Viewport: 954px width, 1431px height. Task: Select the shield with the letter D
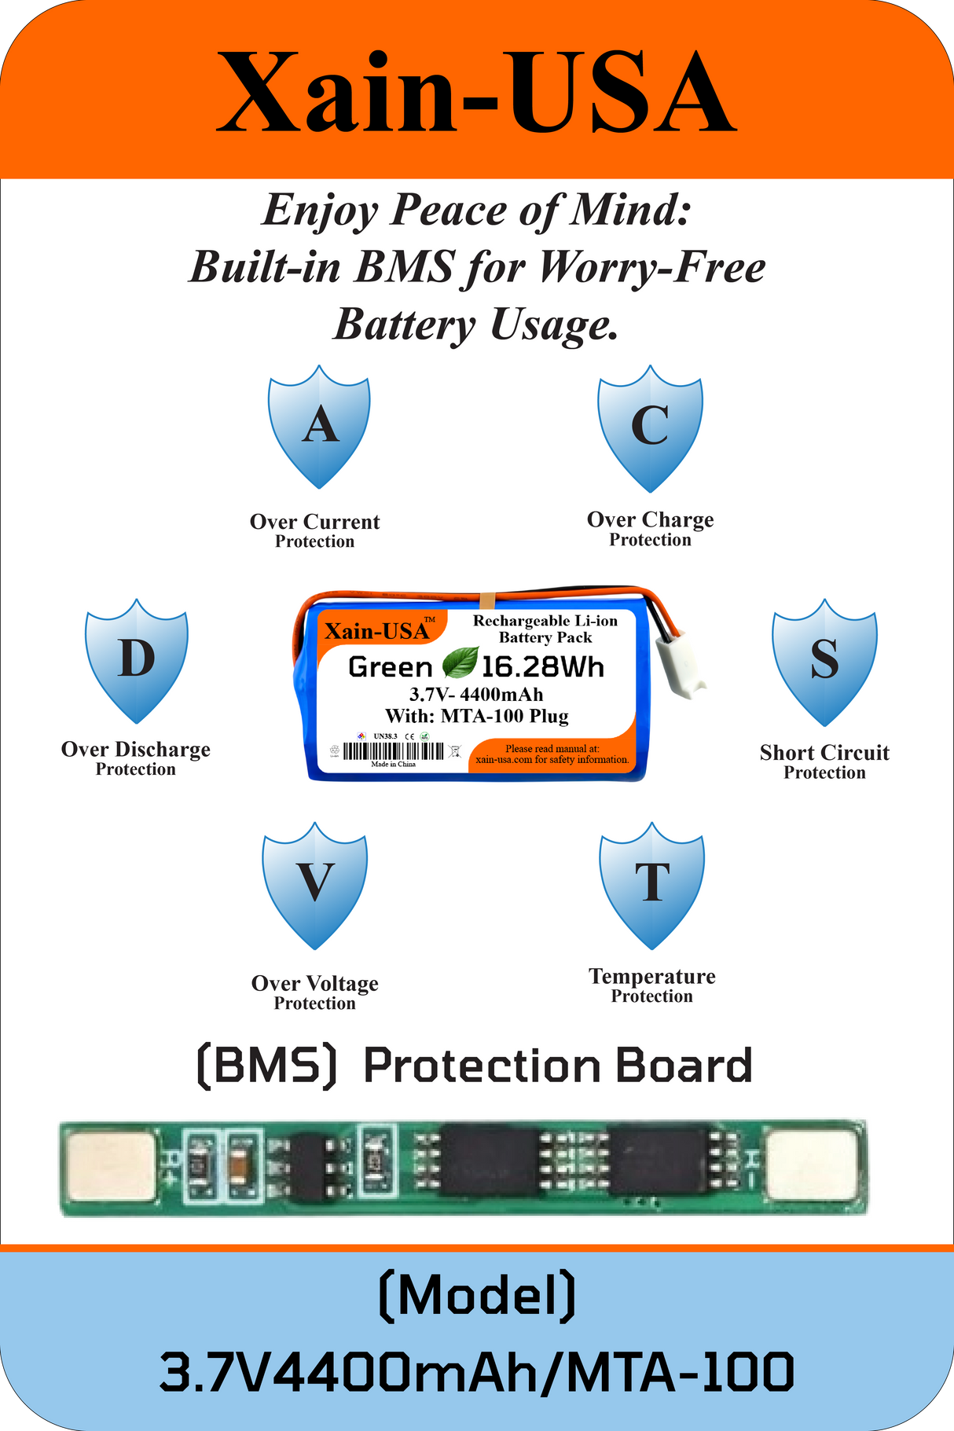tap(137, 659)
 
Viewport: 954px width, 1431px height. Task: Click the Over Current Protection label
tap(314, 530)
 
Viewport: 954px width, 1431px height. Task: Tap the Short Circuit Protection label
tap(824, 761)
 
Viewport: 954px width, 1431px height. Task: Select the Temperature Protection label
tap(652, 985)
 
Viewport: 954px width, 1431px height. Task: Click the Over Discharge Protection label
tap(136, 758)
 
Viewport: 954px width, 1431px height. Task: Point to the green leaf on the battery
tap(460, 662)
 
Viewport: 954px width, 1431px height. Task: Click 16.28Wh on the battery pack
tap(542, 667)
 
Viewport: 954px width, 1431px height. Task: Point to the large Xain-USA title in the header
tap(476, 94)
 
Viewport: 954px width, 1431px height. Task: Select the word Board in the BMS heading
tap(683, 1066)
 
